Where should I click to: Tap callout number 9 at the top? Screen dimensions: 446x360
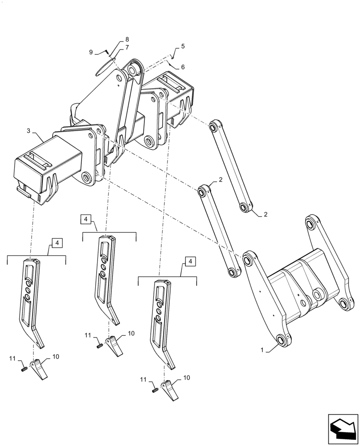pos(91,52)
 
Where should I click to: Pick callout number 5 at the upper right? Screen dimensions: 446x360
pos(183,46)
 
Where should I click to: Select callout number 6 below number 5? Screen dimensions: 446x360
pos(183,67)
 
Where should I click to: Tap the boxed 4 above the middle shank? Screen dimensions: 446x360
pos(86,219)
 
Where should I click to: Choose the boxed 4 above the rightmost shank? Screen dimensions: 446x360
pos(190,261)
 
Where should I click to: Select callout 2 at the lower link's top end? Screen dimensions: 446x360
pos(221,180)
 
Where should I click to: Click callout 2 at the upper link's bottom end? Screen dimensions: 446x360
pos(266,215)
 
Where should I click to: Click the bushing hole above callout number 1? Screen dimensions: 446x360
pos(282,341)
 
